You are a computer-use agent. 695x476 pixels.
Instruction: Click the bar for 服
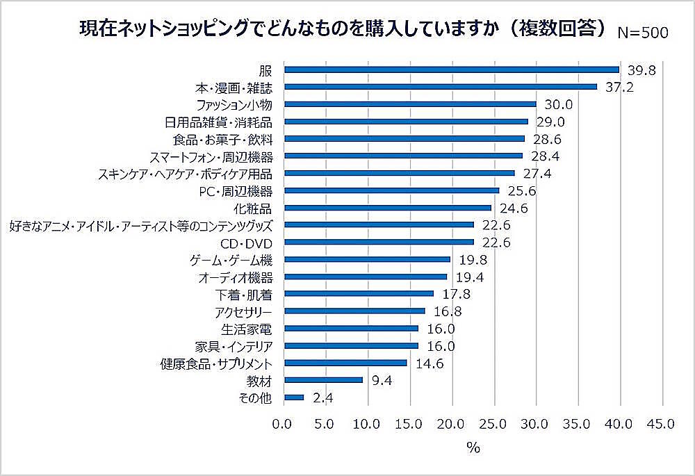452,69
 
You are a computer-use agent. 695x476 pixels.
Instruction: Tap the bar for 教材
324,380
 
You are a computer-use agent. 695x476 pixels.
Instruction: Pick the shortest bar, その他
294,397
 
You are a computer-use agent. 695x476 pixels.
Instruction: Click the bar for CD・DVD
379,243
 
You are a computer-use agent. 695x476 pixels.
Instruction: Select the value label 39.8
640,69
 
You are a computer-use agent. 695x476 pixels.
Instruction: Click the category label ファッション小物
236,104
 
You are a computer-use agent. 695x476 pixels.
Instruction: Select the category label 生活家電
251,329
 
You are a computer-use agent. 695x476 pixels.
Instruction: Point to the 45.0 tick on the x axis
660,424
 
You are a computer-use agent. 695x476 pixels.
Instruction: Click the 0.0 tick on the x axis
283,424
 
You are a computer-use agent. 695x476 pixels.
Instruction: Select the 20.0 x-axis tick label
451,424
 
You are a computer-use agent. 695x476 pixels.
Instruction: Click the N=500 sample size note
643,33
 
